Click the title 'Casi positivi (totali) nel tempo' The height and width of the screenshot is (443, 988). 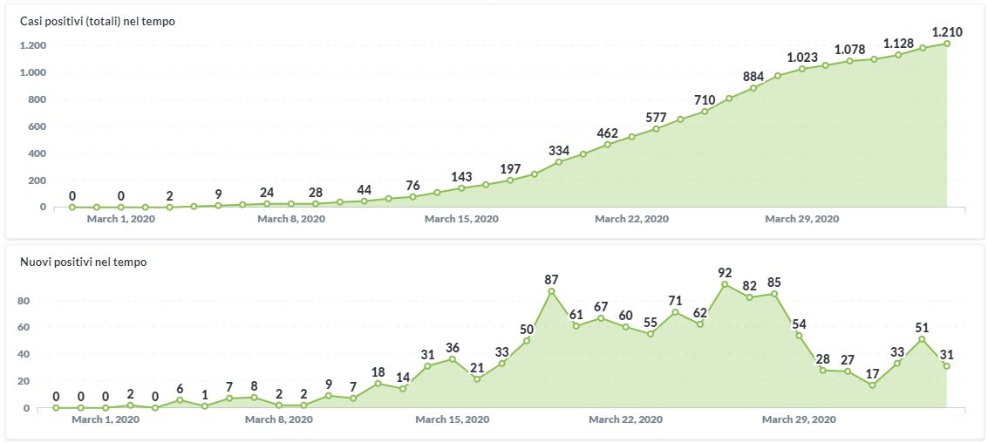click(x=98, y=21)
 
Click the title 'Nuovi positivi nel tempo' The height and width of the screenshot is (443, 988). click(x=83, y=262)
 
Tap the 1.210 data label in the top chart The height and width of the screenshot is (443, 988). click(x=946, y=32)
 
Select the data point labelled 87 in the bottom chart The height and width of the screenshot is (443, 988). click(x=551, y=290)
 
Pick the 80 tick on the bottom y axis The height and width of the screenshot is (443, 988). click(x=24, y=301)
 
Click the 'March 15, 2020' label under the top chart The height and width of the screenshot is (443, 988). click(x=461, y=219)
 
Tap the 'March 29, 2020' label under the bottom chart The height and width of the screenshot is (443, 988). click(x=799, y=419)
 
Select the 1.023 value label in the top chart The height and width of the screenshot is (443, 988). click(x=802, y=58)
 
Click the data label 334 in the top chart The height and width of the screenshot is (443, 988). click(x=559, y=151)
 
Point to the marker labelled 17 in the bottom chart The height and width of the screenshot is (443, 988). click(x=873, y=385)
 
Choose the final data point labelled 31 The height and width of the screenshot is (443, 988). click(x=946, y=366)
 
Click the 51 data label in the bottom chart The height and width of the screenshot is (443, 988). click(x=922, y=328)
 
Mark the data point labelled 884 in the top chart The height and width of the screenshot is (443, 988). click(x=753, y=88)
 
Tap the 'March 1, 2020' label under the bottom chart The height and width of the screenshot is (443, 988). click(x=106, y=419)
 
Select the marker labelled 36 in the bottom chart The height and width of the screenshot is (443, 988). click(x=452, y=359)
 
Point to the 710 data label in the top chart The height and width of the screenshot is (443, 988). click(x=705, y=100)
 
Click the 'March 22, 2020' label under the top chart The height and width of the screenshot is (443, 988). click(x=631, y=219)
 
